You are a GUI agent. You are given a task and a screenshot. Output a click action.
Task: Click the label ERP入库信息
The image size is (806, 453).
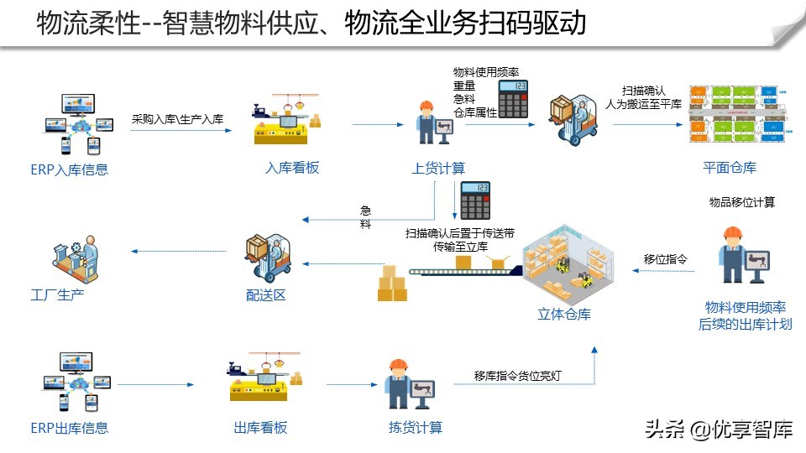point(70,170)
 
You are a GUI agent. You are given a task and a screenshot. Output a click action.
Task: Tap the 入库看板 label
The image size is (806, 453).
point(292,168)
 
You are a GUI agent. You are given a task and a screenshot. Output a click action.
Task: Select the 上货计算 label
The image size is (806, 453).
point(438,168)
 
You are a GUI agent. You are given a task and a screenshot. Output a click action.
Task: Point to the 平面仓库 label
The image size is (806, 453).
point(730,168)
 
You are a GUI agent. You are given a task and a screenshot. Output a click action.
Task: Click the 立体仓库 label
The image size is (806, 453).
point(564,315)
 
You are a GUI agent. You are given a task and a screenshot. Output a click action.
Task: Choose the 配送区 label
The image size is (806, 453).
point(266,294)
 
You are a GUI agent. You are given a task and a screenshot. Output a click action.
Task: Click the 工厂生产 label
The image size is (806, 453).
point(57,294)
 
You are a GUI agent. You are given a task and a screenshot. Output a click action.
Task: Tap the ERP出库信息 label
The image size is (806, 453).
point(70,428)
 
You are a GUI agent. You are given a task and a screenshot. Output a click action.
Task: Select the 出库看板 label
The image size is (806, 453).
point(260,428)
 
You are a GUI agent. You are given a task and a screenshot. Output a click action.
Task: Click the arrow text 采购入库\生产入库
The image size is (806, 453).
point(177,120)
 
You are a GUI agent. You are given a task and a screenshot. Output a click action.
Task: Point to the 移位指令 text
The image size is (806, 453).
point(666,259)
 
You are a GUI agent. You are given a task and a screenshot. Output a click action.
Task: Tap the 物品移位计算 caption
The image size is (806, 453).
point(742,202)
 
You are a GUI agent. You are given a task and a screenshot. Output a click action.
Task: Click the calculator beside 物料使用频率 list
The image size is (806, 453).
point(513,99)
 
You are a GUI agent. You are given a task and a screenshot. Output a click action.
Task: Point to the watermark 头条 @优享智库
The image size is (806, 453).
point(719,430)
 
